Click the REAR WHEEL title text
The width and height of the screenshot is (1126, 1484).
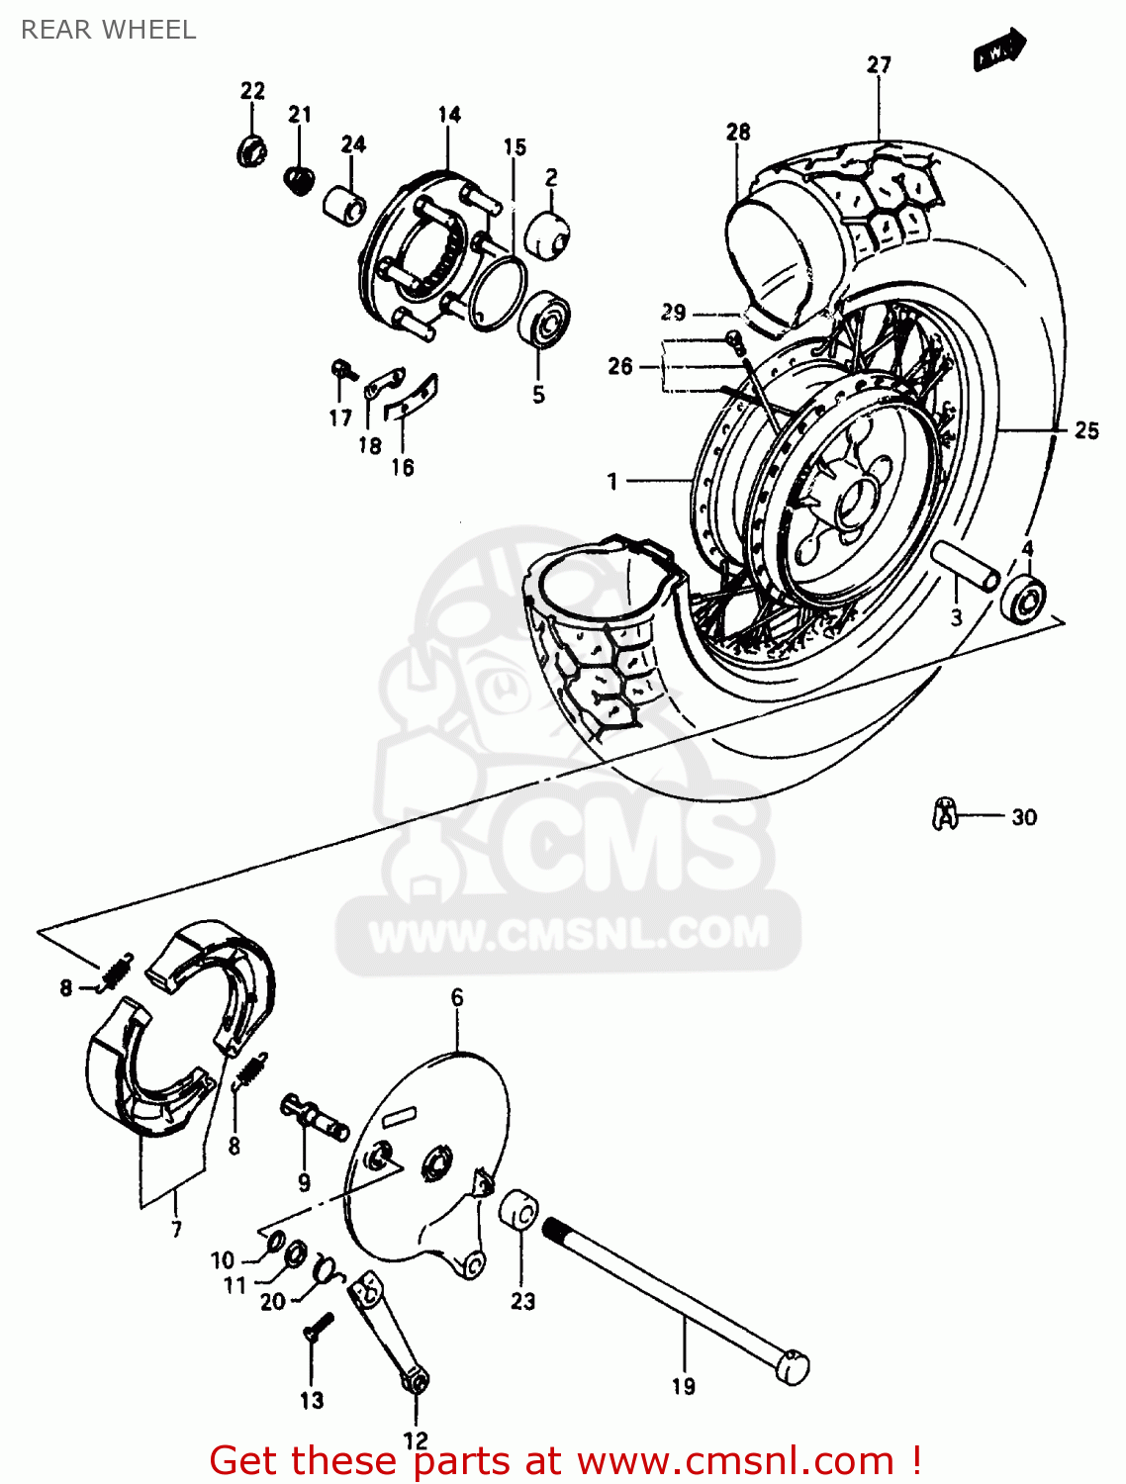pos(108,30)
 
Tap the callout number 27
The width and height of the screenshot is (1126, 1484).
pos(879,65)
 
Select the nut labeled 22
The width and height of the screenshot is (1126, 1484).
pos(252,151)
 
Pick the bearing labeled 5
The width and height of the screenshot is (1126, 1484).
pos(543,319)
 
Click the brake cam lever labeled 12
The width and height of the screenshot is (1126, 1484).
pos(387,1331)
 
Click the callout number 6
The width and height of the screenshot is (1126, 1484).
pos(457,997)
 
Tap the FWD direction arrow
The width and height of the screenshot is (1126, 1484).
pos(999,49)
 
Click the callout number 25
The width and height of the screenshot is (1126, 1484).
pos(1086,430)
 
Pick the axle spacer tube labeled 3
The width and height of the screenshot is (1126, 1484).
pos(965,568)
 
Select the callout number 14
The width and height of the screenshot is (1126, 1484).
pos(449,115)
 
